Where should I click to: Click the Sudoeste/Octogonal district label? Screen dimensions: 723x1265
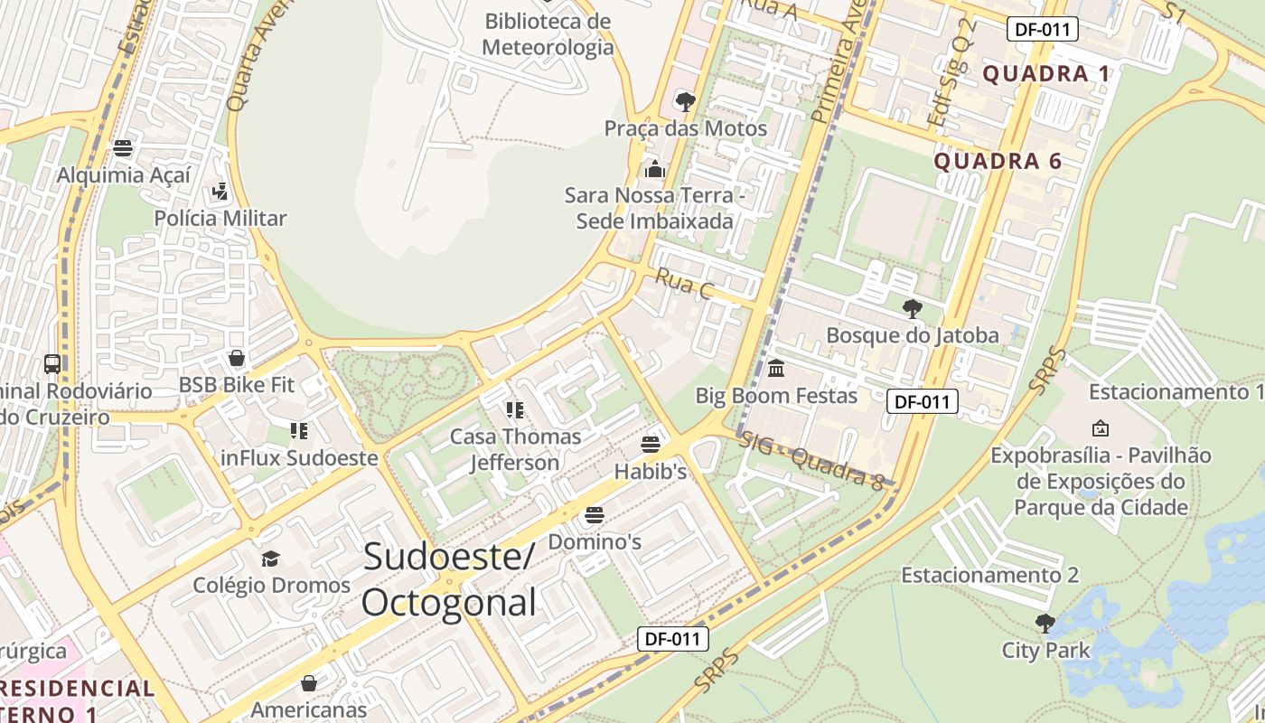click(x=449, y=579)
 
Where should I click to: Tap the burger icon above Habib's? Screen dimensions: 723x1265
click(x=651, y=444)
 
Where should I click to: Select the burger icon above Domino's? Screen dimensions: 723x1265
click(x=594, y=515)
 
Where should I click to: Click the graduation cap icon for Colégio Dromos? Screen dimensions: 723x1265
click(x=270, y=559)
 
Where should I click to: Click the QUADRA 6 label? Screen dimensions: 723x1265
click(x=997, y=162)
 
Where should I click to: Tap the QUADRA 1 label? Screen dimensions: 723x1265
click(x=1045, y=74)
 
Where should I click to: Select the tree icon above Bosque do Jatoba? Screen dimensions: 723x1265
click(x=913, y=309)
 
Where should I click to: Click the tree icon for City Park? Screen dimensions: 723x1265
click(x=1045, y=624)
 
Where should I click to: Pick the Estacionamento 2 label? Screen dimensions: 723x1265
click(x=989, y=575)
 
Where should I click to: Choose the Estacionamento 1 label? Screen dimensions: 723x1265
click(x=1176, y=392)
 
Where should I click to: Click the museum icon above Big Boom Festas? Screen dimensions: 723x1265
click(x=776, y=369)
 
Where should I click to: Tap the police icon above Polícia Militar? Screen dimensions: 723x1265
click(x=220, y=192)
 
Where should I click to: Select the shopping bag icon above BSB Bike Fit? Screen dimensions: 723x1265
click(x=237, y=358)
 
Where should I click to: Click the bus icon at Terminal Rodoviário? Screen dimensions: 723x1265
click(x=52, y=364)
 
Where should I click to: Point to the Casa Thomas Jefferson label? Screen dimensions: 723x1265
click(x=516, y=449)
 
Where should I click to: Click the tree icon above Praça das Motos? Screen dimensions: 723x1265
click(x=685, y=101)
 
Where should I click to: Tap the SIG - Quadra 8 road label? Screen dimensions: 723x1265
click(x=811, y=462)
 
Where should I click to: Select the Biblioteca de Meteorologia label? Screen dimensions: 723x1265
click(x=548, y=34)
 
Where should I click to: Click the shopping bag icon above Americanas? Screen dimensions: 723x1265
click(x=309, y=682)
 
